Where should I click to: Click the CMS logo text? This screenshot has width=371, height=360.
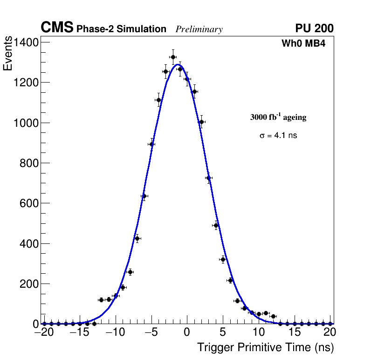(x=57, y=28)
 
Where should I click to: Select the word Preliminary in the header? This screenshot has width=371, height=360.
(x=199, y=29)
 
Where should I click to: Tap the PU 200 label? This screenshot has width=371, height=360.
(x=314, y=28)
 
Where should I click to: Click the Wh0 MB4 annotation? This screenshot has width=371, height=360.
(x=303, y=44)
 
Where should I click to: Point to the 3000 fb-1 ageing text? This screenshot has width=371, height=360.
(x=278, y=118)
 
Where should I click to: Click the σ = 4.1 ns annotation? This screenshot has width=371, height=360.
(x=278, y=136)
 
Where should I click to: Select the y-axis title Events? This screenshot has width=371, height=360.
(x=8, y=54)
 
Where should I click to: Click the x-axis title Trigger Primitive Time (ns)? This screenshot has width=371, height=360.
(x=265, y=347)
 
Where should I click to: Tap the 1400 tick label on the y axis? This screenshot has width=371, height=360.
(x=26, y=42)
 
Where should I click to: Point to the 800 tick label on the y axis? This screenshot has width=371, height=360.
(x=29, y=163)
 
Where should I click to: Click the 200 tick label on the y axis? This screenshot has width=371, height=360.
(x=29, y=284)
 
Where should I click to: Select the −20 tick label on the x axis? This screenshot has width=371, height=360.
(x=44, y=332)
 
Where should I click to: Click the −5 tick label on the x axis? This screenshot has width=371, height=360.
(x=151, y=332)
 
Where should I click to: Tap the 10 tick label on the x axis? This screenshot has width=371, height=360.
(x=259, y=332)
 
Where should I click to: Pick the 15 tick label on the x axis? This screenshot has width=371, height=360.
(x=295, y=332)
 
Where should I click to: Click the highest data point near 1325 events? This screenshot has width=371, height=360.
(x=173, y=57)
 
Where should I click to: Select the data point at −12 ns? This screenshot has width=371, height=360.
(x=101, y=300)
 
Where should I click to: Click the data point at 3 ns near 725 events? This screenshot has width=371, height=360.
(x=208, y=178)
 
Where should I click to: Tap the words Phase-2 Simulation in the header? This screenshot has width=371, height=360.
(x=121, y=29)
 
